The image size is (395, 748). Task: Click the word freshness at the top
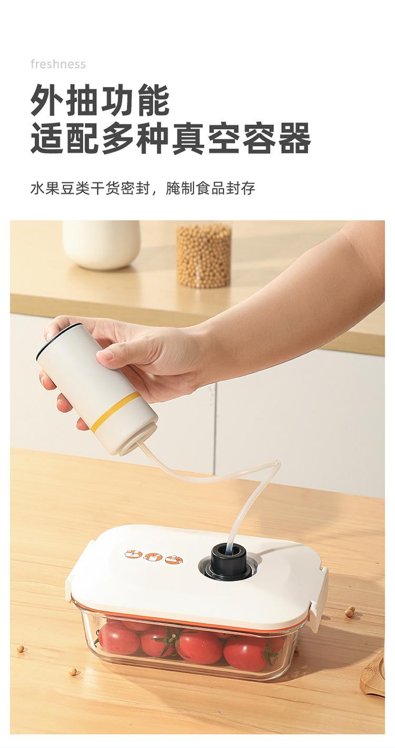tap(58, 64)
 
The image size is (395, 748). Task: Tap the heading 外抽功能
tap(100, 100)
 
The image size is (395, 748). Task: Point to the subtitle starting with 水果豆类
tap(142, 188)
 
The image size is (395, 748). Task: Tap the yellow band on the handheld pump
tap(115, 411)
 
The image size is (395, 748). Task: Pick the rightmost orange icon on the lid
tap(173, 559)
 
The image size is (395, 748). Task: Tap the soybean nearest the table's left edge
tap(20, 648)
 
